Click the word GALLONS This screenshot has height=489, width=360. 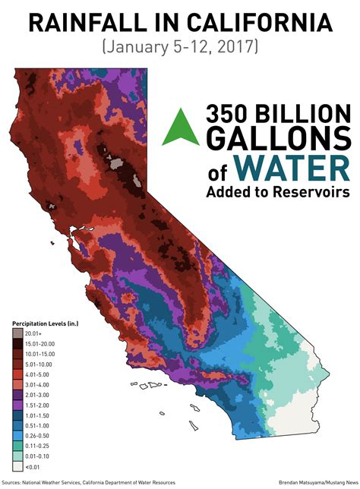click(278, 140)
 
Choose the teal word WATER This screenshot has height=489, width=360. click(295, 166)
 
